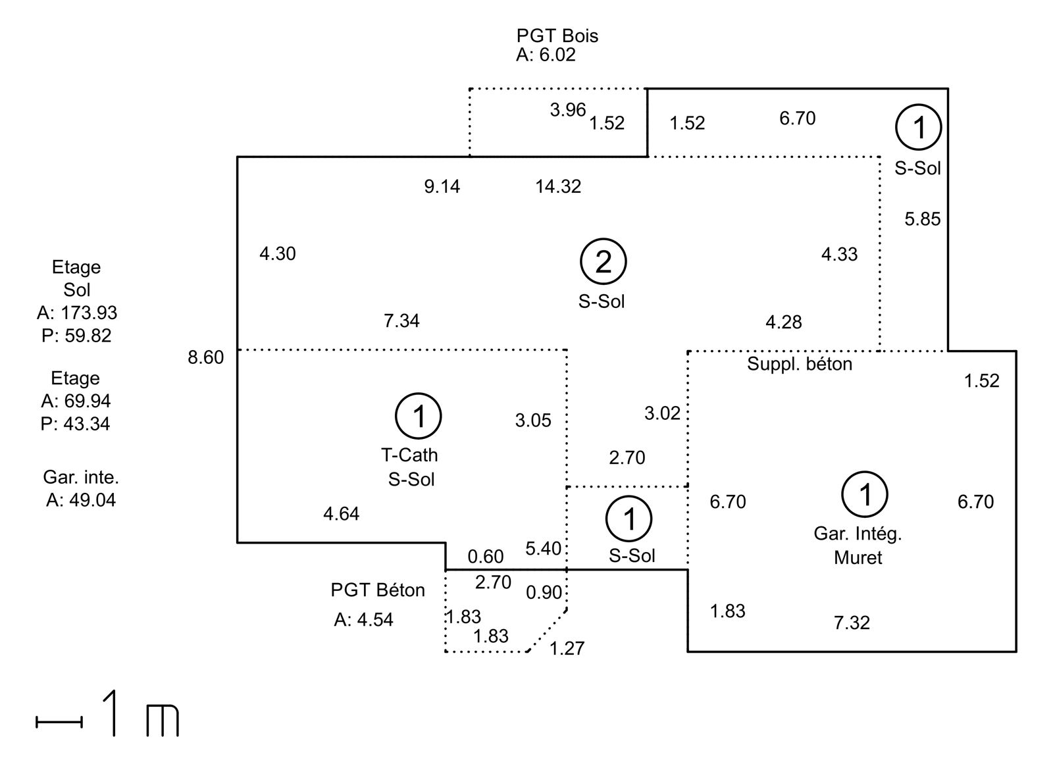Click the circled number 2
point(603,261)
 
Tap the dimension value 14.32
point(558,187)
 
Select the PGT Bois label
point(557,36)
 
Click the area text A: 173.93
point(77,313)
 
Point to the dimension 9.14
point(442,187)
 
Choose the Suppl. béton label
point(800,364)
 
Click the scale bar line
point(59,722)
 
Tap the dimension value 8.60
point(205,357)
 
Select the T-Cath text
point(409,455)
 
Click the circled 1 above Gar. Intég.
point(865,494)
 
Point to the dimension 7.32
point(852,623)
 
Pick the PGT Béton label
point(378,590)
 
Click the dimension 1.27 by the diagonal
point(567,648)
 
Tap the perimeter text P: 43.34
point(75,424)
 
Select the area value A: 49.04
point(81,499)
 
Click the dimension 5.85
point(923,219)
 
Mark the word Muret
point(858,557)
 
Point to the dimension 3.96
point(568,110)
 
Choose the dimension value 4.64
point(342,514)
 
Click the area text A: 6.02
point(546,55)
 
